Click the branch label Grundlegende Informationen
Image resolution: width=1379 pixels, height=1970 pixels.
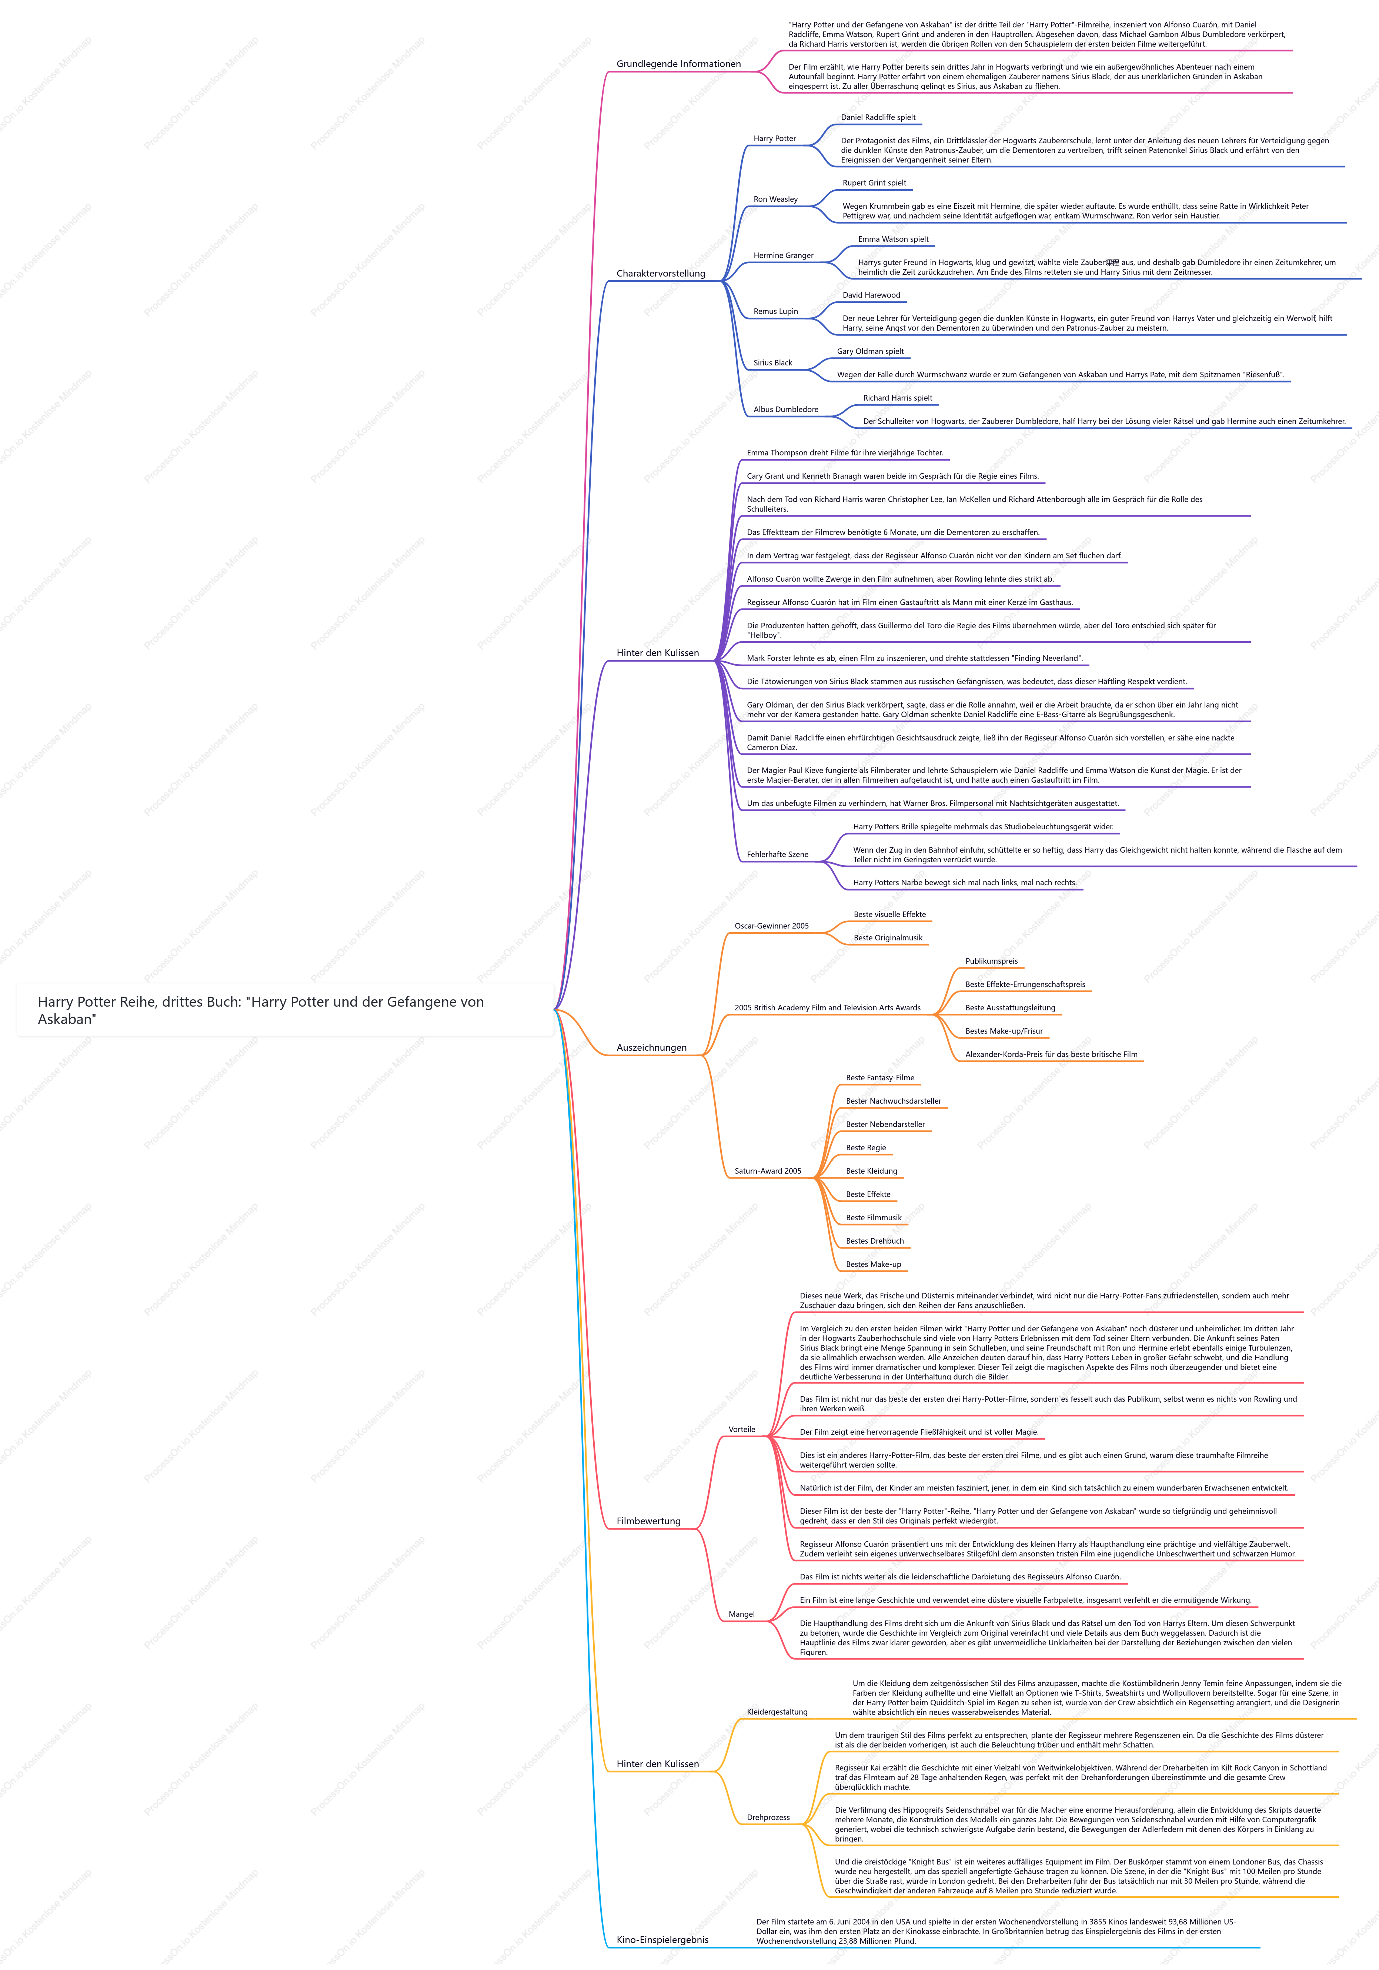[x=678, y=64]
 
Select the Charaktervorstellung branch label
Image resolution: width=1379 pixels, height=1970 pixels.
[x=661, y=274]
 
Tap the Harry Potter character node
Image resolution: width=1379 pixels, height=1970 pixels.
[x=774, y=139]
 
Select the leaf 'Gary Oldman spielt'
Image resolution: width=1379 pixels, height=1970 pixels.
[x=870, y=352]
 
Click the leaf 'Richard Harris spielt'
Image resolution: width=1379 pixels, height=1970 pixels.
[x=898, y=398]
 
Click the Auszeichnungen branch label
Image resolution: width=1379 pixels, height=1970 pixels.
[x=651, y=1048]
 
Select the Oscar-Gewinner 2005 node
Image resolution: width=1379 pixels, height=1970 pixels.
[x=771, y=927]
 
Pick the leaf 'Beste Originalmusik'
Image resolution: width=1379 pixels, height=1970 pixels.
[x=888, y=938]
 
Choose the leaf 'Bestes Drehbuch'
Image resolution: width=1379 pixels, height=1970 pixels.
[x=874, y=1241]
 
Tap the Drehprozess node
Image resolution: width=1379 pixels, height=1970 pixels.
[x=768, y=1817]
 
